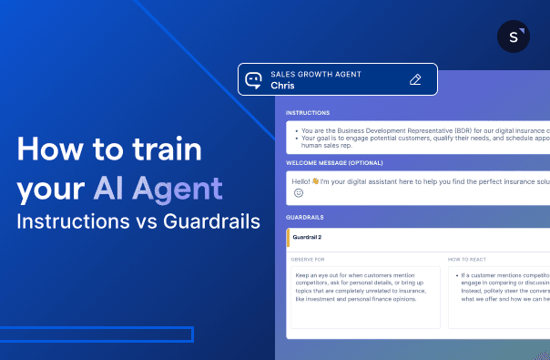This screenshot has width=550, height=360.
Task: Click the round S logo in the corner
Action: coord(514,37)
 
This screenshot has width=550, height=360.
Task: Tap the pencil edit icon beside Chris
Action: coord(415,79)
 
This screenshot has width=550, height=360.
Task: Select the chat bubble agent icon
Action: coord(255,79)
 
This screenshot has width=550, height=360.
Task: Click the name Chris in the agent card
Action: coord(282,86)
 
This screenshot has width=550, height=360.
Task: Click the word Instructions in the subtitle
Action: coord(67,221)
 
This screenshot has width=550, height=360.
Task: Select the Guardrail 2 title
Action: coord(308,237)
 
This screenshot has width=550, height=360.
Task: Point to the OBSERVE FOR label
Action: coord(308,259)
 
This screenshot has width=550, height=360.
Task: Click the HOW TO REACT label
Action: coord(466,259)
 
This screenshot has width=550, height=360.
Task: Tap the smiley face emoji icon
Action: coord(298,193)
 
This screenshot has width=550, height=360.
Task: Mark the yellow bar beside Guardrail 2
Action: coord(288,237)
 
